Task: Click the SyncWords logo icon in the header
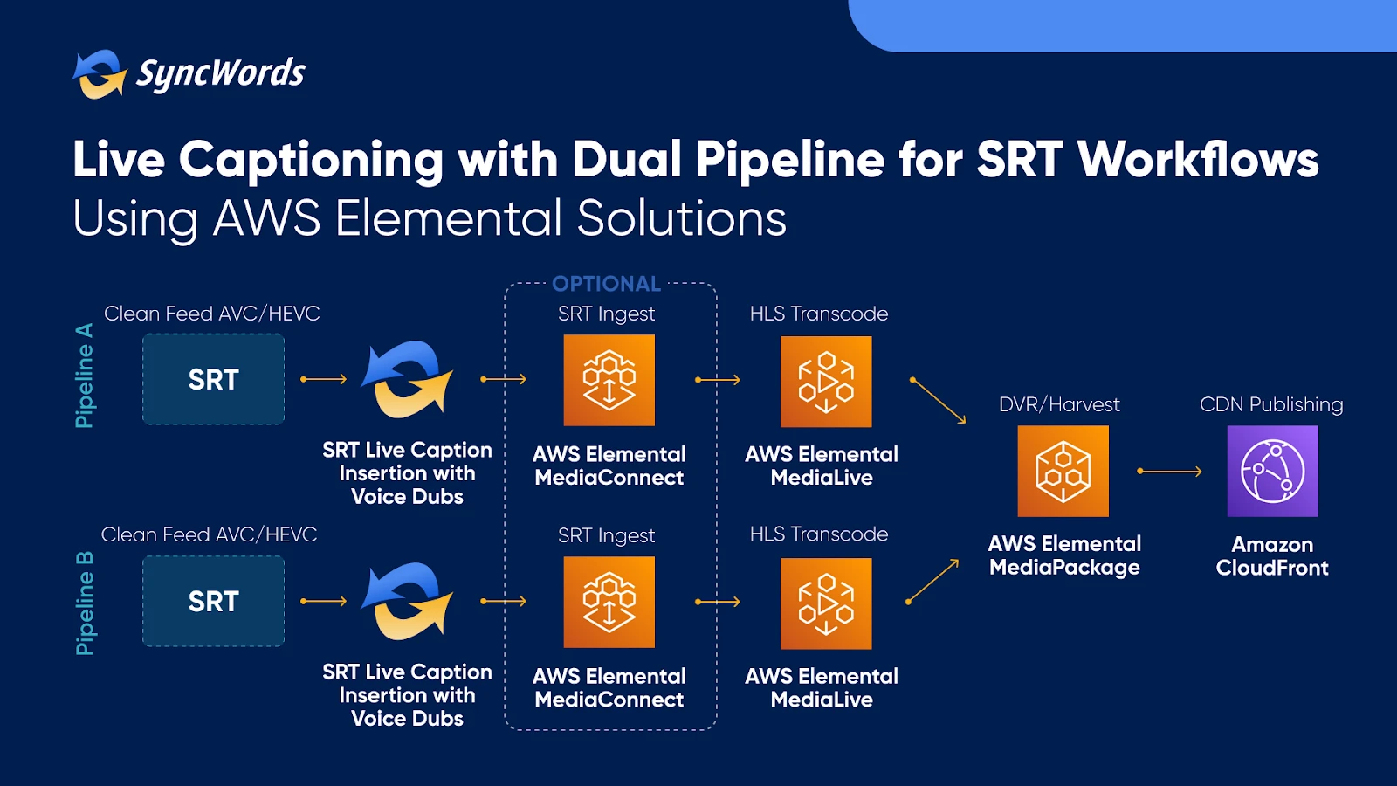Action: coord(100,74)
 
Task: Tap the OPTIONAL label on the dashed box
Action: coord(606,284)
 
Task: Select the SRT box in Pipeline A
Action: coord(213,379)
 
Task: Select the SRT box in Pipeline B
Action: coord(213,602)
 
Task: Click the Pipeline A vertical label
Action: coord(84,376)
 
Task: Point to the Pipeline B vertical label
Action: coord(84,603)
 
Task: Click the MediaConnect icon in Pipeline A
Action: coord(609,381)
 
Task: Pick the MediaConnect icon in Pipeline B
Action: coord(609,602)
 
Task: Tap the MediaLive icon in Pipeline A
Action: coord(826,382)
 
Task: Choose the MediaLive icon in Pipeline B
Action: coord(826,603)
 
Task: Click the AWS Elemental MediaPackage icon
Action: coord(1063,471)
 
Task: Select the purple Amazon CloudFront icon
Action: coord(1273,471)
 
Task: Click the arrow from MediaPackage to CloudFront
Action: coord(1169,472)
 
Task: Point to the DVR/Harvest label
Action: coord(1059,405)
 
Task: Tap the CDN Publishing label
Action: coord(1271,405)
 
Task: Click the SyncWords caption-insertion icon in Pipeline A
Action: coord(407,379)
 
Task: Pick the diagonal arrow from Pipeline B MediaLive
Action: coord(932,582)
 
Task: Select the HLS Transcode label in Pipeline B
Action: coord(819,534)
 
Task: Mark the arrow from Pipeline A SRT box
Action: coord(324,379)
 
